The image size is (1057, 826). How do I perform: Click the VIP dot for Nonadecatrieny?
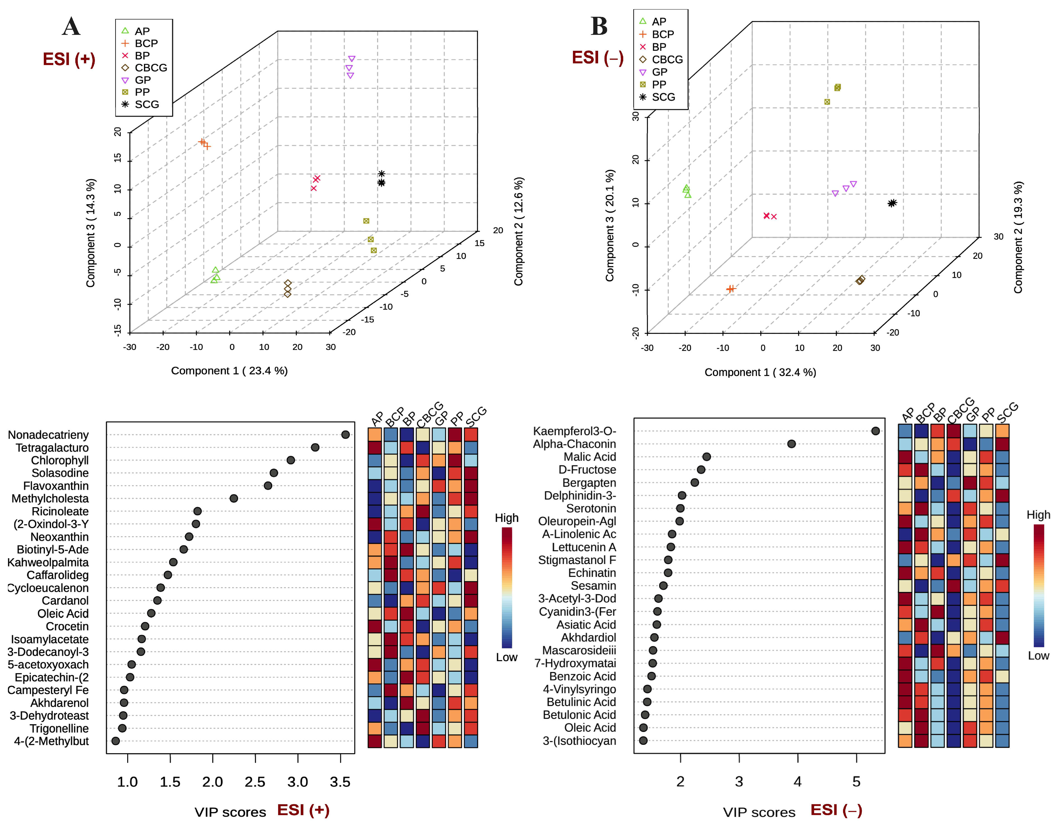345,435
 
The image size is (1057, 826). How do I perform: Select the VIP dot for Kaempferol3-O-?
875,431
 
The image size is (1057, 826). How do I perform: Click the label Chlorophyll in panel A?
59,460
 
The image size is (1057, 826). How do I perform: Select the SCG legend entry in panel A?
146,105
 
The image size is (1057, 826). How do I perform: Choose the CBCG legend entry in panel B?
667,59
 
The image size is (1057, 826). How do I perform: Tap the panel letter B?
599,26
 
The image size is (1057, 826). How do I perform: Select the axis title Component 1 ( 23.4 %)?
229,371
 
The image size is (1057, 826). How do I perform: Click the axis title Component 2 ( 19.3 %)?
1018,237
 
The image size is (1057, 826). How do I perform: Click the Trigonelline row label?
59,728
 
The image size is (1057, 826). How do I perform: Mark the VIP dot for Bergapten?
695,482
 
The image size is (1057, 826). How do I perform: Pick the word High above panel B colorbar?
1038,515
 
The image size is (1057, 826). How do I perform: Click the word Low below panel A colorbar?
506,657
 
